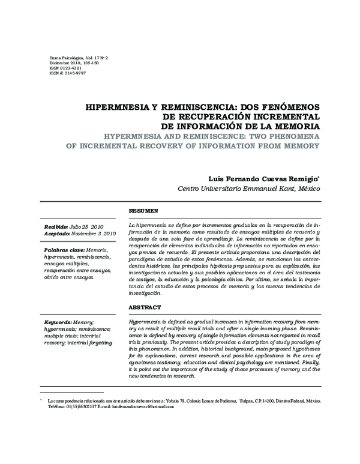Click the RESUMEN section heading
click(143, 211)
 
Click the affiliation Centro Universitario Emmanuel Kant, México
click(249, 188)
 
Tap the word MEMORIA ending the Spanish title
click(296, 127)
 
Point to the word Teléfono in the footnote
click(58, 406)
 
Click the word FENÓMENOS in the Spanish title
click(283, 103)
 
